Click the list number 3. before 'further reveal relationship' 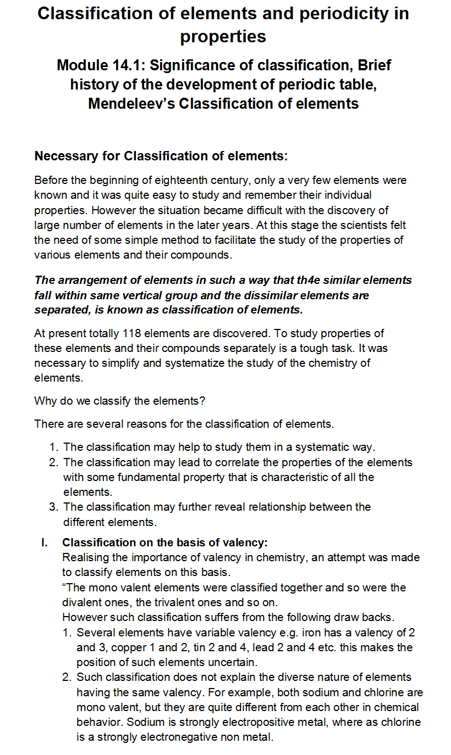54,507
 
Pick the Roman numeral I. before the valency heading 45,543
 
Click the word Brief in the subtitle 375,65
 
